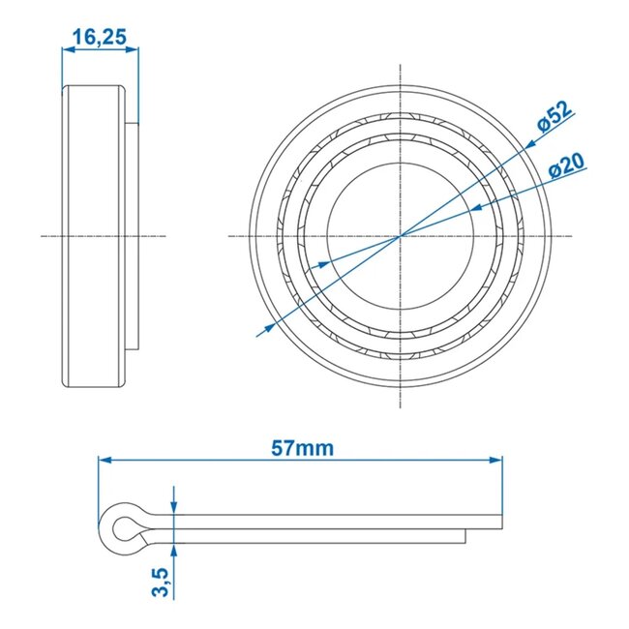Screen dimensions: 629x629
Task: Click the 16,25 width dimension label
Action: [x=99, y=37]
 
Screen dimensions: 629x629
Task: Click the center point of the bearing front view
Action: [x=401, y=236]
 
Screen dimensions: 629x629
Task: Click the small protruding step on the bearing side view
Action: [x=133, y=236]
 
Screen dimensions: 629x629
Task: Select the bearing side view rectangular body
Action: [x=95, y=236]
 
